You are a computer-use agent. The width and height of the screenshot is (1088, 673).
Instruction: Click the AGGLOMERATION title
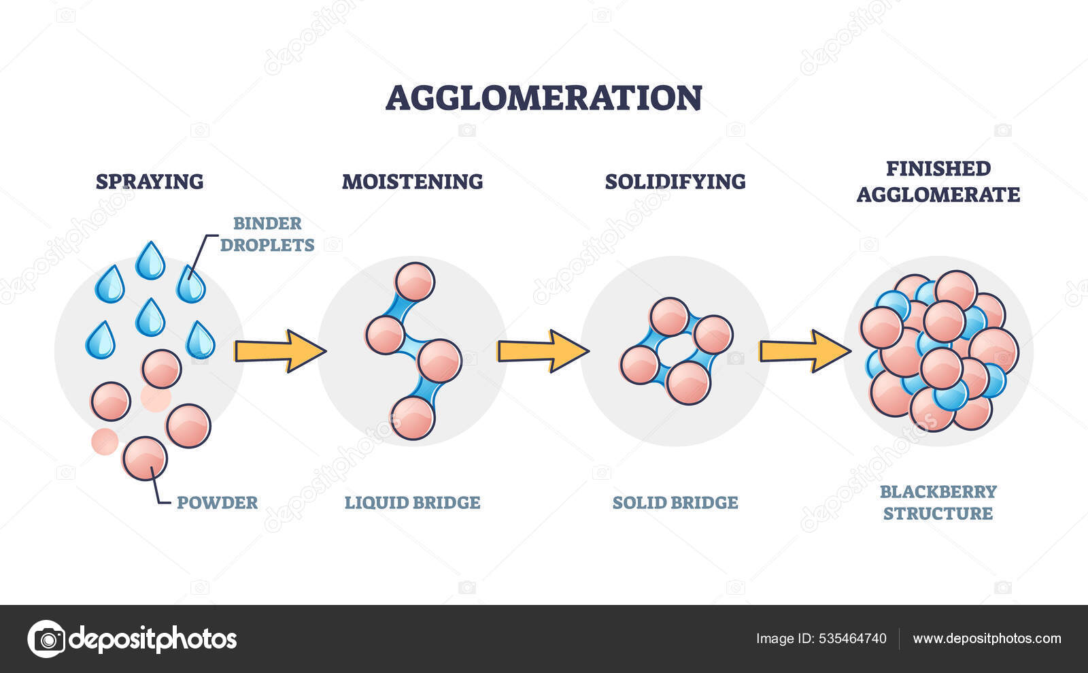point(544,97)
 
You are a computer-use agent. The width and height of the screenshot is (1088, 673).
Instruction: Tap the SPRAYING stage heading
point(150,182)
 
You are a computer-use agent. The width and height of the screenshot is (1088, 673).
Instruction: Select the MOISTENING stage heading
point(412,182)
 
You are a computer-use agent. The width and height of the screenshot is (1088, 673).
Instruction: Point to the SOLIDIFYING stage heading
point(675,182)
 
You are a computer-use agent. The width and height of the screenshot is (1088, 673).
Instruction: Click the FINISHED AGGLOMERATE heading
point(938,181)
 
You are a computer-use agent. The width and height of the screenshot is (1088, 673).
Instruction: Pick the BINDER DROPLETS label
point(267,234)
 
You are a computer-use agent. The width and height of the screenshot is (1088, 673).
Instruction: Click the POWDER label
point(217,503)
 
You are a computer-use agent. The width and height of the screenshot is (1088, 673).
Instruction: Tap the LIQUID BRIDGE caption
point(412,503)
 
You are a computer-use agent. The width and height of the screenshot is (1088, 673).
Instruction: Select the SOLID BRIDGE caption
point(675,503)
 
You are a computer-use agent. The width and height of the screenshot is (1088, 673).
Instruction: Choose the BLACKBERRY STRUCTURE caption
point(938,502)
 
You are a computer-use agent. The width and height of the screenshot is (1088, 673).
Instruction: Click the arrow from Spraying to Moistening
point(279,351)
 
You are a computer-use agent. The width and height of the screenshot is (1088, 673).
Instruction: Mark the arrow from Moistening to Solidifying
point(543,351)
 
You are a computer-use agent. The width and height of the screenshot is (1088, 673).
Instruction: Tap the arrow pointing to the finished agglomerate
point(805,351)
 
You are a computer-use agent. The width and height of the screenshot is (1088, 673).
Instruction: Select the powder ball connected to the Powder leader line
point(145,457)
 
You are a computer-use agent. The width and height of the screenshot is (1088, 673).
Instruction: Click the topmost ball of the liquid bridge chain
point(415,282)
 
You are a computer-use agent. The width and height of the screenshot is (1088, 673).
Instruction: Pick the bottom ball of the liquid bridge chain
point(413,418)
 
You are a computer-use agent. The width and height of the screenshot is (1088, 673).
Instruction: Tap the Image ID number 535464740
point(853,638)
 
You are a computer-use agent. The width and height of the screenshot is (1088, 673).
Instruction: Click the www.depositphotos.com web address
point(987,638)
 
